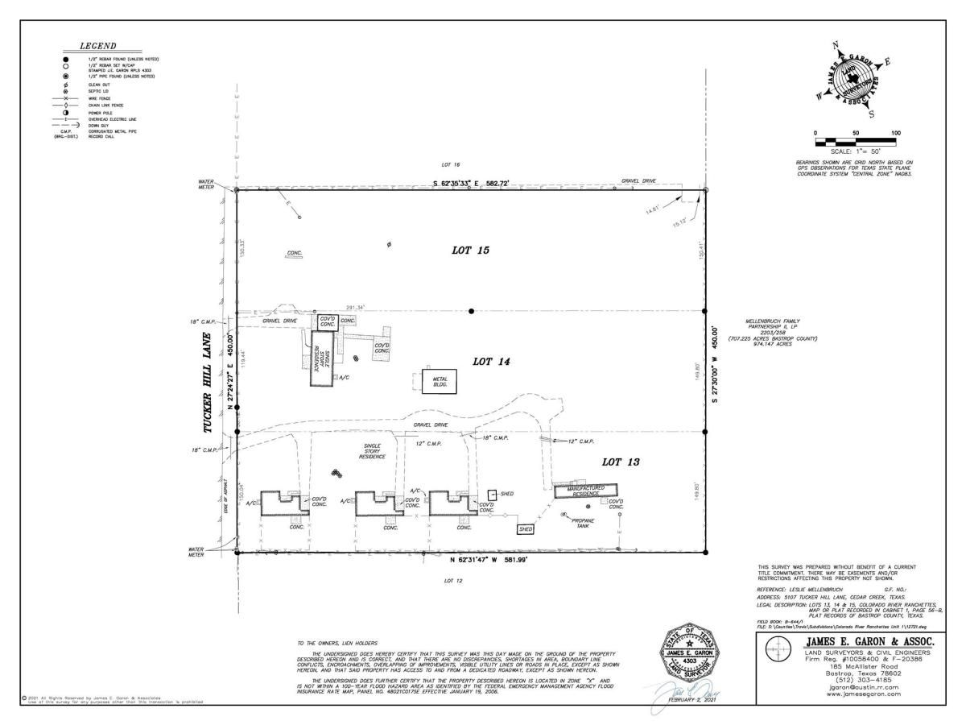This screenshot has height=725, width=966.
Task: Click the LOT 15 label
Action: pos(471,251)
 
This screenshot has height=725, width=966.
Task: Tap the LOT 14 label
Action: pos(493,362)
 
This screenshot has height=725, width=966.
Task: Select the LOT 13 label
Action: pos(621,462)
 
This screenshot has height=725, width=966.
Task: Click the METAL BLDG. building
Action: pos(440,382)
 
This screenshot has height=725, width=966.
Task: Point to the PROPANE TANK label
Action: pos(581,523)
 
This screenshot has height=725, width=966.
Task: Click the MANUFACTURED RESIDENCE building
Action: pos(585,491)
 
